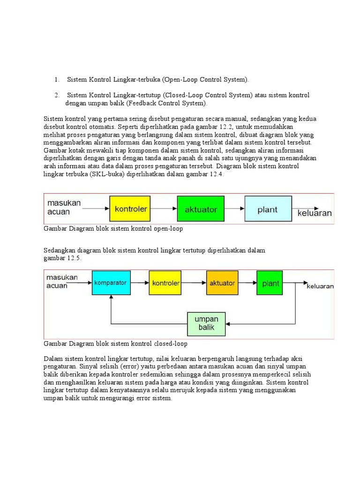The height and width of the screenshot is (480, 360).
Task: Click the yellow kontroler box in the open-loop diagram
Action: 131,209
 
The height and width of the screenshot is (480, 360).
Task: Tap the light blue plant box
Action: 267,209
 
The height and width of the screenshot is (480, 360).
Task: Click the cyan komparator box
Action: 110,283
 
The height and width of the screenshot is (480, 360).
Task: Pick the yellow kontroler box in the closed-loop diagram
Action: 165,283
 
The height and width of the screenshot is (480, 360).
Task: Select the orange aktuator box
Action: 222,283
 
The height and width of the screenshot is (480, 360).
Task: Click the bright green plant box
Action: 270,283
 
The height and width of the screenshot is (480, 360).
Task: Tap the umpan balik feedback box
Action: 206,323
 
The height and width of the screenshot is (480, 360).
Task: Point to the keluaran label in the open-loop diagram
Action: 315,213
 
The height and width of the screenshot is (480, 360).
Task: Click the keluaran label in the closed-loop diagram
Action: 320,285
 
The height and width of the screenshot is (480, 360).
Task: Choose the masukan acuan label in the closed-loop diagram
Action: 62,282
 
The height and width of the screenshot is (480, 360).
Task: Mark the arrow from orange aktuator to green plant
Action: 247,283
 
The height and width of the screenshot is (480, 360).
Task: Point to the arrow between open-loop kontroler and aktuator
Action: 165,209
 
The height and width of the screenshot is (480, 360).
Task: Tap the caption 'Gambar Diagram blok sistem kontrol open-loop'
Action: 113,229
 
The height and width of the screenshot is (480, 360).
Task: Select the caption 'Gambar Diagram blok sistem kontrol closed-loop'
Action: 115,344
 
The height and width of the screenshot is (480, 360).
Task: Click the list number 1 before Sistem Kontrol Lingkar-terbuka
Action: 56,80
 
